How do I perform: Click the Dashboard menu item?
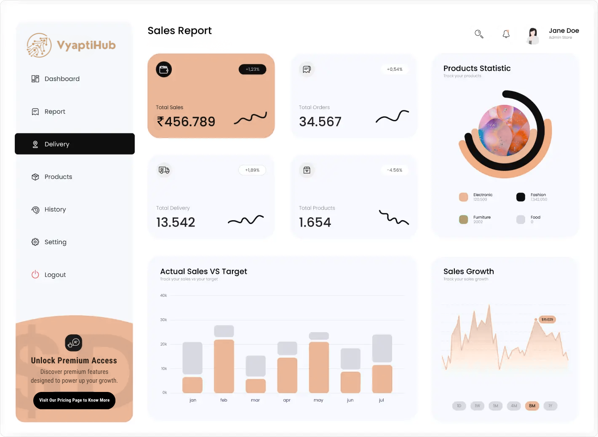61,79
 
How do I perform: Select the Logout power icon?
35,274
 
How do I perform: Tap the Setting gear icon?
35,242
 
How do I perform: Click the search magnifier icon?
479,34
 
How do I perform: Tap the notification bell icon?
506,34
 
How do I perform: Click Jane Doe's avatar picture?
533,35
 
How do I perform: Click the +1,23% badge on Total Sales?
252,69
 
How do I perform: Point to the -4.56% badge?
395,170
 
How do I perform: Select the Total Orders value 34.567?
320,122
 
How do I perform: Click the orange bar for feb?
224,366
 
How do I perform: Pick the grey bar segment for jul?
382,348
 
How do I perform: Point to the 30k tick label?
163,320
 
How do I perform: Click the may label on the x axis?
318,400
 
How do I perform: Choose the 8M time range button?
532,406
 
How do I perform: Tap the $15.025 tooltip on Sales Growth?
547,320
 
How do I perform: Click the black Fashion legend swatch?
521,197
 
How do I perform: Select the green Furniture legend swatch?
464,219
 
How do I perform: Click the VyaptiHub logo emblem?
39,45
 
